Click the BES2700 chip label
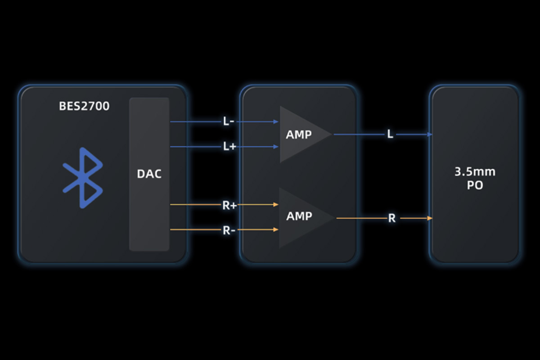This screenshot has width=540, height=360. click(84, 107)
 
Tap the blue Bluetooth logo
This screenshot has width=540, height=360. click(83, 178)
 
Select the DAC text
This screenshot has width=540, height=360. click(149, 174)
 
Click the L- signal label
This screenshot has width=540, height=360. click(228, 121)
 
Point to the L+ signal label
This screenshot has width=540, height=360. click(229, 146)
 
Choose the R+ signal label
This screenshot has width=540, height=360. click(229, 205)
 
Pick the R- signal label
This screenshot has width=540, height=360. click(229, 230)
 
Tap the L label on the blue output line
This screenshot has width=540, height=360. click(390, 134)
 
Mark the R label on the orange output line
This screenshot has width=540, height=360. click(392, 219)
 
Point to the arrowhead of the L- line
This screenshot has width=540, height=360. click(276, 121)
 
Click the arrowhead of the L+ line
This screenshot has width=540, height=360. click(276, 146)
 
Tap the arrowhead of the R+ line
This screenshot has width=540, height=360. click(276, 204)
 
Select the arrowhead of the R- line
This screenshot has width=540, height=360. click(276, 229)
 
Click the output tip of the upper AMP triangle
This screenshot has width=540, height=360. click(331, 134)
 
